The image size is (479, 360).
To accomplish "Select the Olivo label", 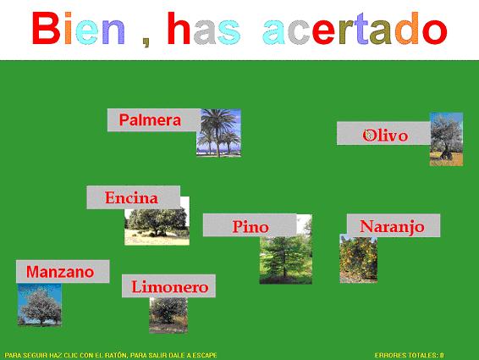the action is (383, 133).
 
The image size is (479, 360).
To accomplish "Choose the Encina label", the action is (133, 197).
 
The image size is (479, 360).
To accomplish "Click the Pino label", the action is (250, 225).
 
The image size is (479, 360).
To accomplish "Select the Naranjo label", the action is (394, 225).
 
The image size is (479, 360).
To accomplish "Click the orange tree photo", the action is (359, 259).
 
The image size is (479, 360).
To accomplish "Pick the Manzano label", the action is (63, 272).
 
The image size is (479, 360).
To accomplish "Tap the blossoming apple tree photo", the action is (40, 304).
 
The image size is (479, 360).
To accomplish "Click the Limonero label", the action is (168, 286).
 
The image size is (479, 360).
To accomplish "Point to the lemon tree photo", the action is (168, 314).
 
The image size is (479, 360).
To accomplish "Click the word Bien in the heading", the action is (79, 29).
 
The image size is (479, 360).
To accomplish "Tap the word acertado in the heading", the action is (355, 29).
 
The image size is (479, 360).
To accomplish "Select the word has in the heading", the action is (204, 29).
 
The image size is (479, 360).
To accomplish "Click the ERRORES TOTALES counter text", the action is (409, 355).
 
